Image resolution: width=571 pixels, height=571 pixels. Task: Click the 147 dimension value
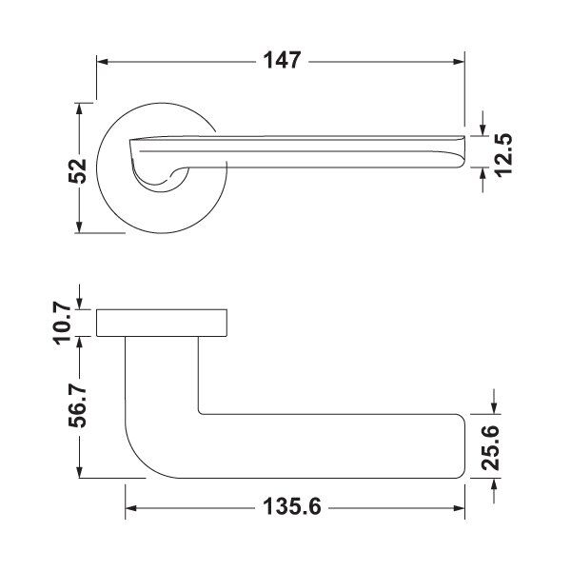pyautogui.click(x=283, y=61)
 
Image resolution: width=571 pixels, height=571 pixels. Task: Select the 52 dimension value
pyautogui.click(x=78, y=170)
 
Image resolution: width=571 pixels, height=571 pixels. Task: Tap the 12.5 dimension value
pyautogui.click(x=504, y=154)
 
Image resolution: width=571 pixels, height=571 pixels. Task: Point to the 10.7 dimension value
pyautogui.click(x=63, y=323)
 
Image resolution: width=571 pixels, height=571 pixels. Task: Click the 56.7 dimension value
pyautogui.click(x=78, y=406)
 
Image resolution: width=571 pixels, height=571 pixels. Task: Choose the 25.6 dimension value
pyautogui.click(x=490, y=447)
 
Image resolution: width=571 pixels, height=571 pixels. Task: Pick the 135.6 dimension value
pyautogui.click(x=292, y=507)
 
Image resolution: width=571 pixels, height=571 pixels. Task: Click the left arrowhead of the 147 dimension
pyautogui.click(x=103, y=62)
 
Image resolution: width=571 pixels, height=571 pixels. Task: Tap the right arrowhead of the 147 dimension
pyautogui.click(x=459, y=62)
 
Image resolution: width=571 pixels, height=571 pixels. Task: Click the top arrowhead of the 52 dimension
pyautogui.click(x=79, y=109)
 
